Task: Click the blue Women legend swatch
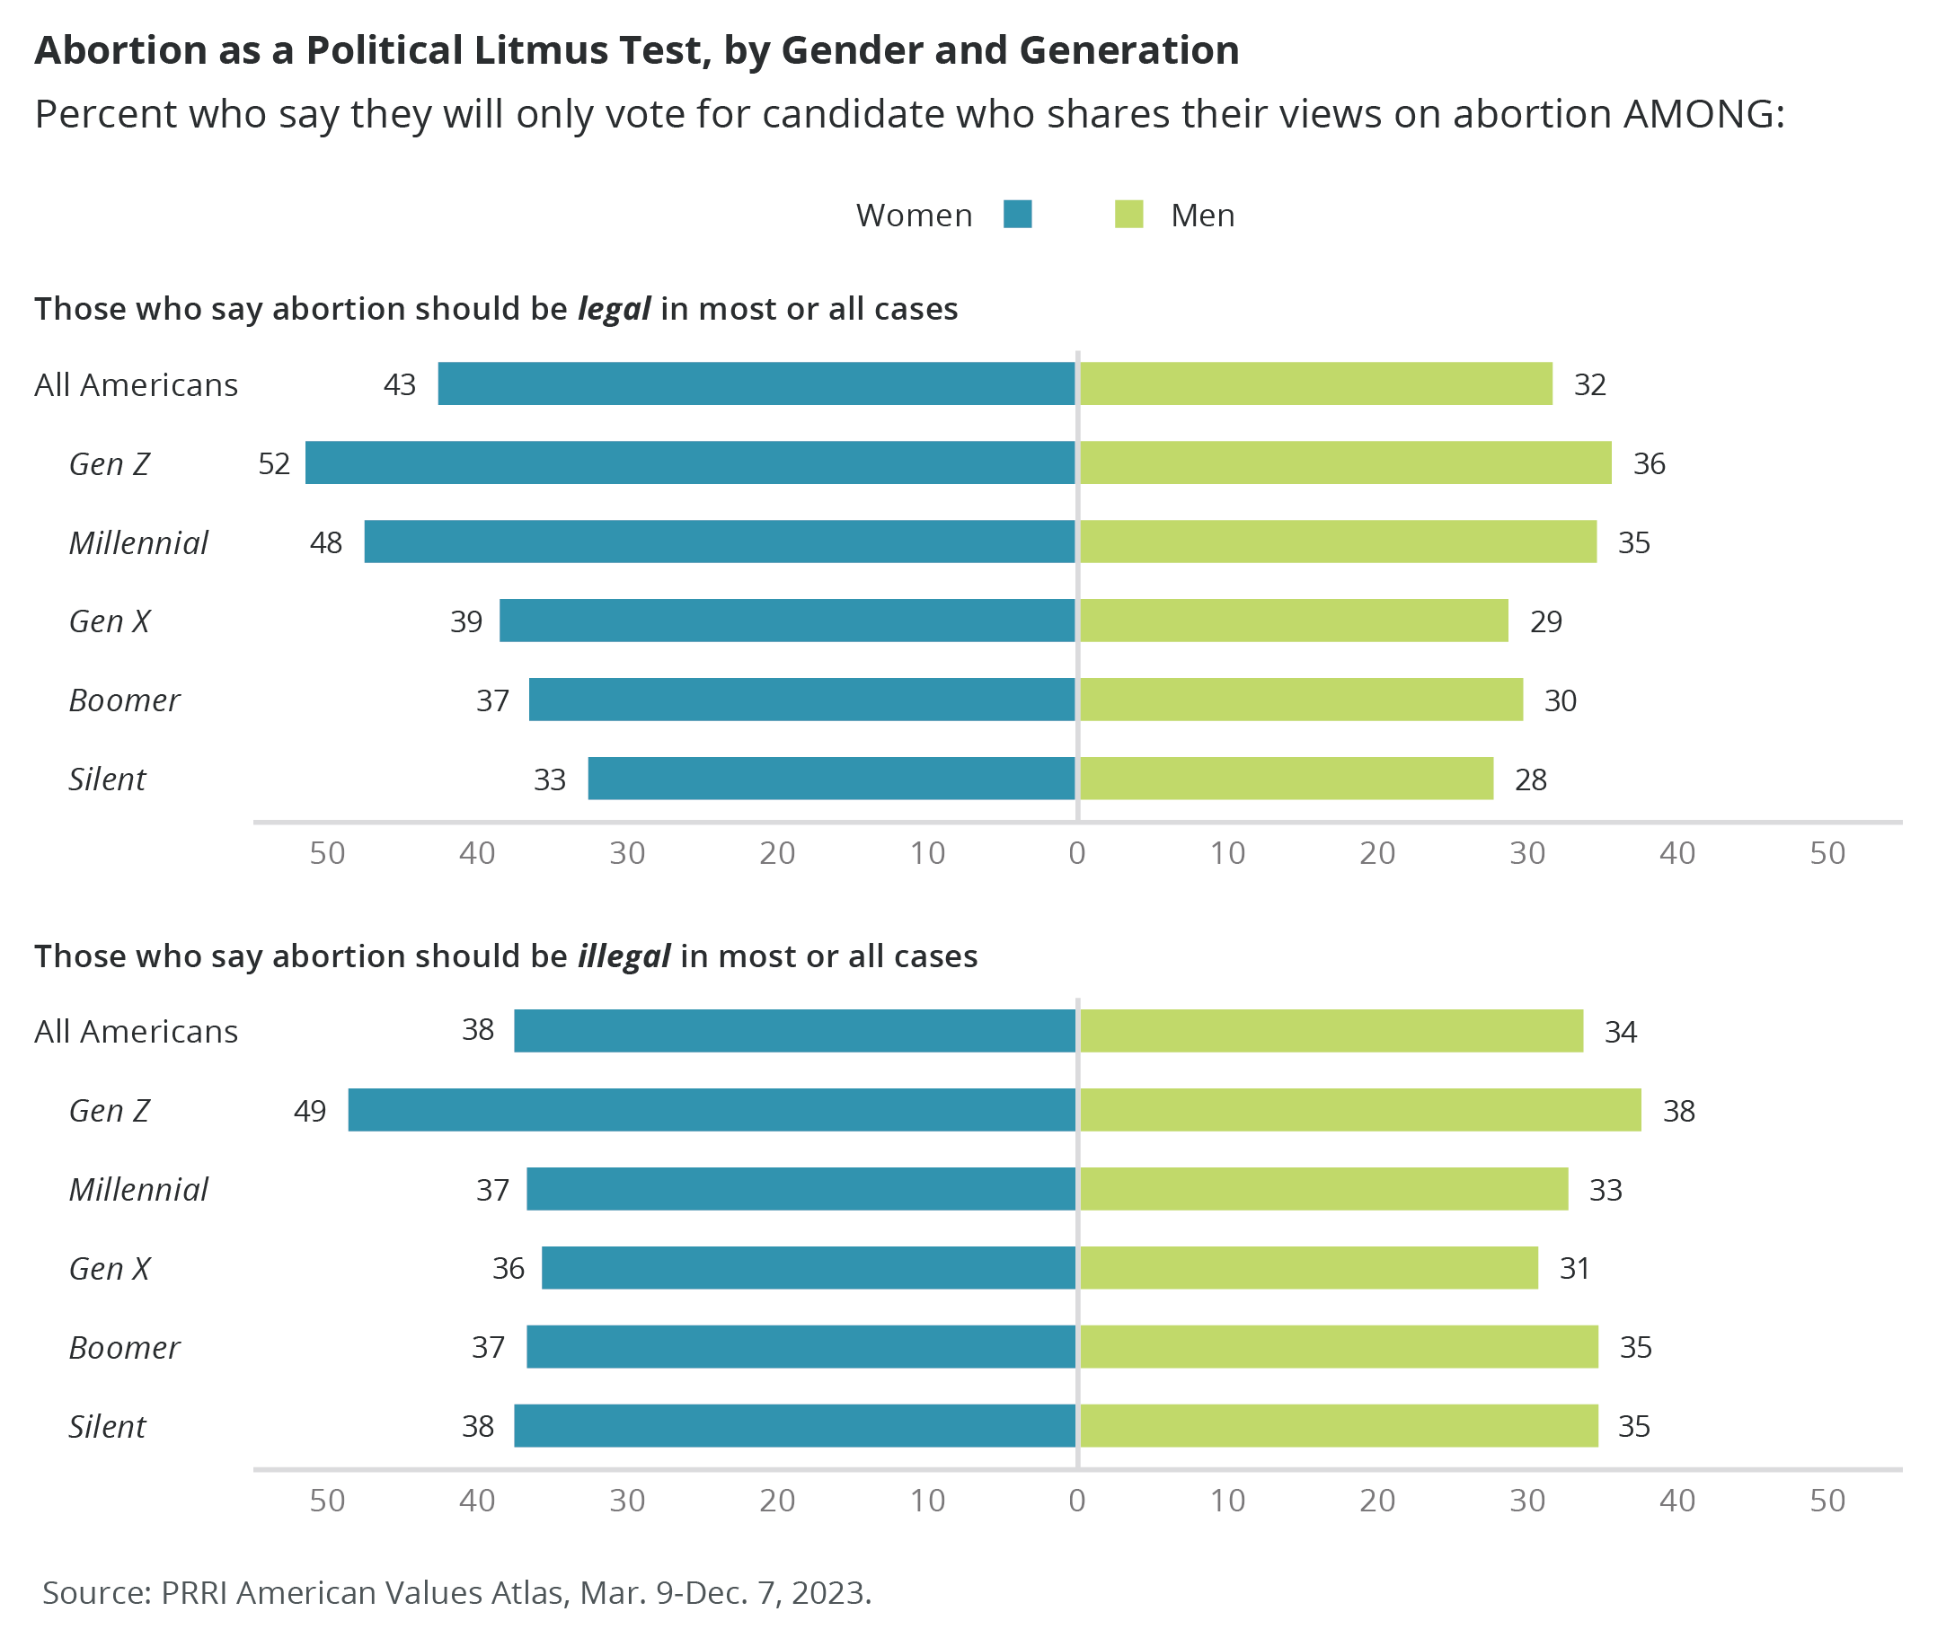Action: (1018, 215)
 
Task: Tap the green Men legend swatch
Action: (1128, 215)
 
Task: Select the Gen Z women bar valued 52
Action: (690, 462)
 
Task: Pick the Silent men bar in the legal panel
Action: (1286, 778)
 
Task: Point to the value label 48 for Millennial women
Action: (326, 542)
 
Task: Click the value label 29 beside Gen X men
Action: (1545, 621)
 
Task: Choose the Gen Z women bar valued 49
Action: (712, 1109)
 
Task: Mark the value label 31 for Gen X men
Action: (1574, 1269)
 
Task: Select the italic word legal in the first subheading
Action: (614, 309)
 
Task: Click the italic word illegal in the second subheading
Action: (624, 956)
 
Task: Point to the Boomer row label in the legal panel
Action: (124, 700)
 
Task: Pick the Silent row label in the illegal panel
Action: (107, 1426)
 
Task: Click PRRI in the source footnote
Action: (195, 1592)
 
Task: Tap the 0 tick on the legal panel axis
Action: (1077, 852)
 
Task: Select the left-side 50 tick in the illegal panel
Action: (327, 1501)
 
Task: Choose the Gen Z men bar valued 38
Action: (1359, 1109)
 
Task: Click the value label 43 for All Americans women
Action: (400, 384)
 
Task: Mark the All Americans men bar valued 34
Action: (1331, 1030)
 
